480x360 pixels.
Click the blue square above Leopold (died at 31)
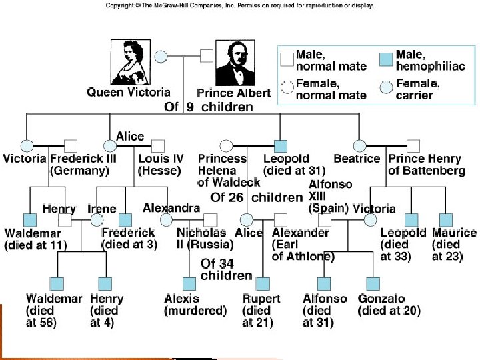[x=281, y=145]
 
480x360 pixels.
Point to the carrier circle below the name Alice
[x=111, y=145]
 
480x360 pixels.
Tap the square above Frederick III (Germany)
[x=71, y=145]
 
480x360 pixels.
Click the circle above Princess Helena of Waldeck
[x=226, y=145]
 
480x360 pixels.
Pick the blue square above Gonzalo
[x=373, y=283]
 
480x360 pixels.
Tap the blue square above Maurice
[x=445, y=219]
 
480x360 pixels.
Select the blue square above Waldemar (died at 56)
[x=57, y=283]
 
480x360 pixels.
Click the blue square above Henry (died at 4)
[x=103, y=283]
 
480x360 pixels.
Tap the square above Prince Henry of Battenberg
[x=413, y=145]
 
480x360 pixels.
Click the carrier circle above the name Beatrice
[x=360, y=145]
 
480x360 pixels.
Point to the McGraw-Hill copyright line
[x=240, y=5]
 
